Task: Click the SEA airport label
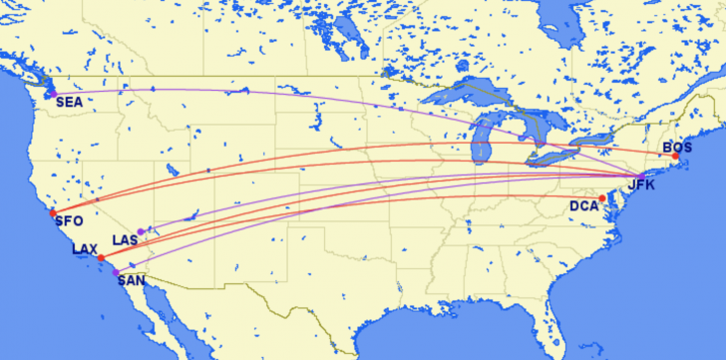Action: coord(69,102)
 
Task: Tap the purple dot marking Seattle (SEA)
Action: coord(52,94)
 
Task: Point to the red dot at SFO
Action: coord(53,212)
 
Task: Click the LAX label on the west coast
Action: coord(85,248)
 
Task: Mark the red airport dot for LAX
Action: coord(101,257)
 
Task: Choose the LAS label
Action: coord(126,240)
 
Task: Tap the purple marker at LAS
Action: coord(142,231)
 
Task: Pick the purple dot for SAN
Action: coord(116,271)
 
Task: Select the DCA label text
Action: coord(583,206)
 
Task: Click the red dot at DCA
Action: coord(602,197)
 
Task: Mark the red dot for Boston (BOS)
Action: coord(675,157)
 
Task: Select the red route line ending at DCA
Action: coord(399,198)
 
